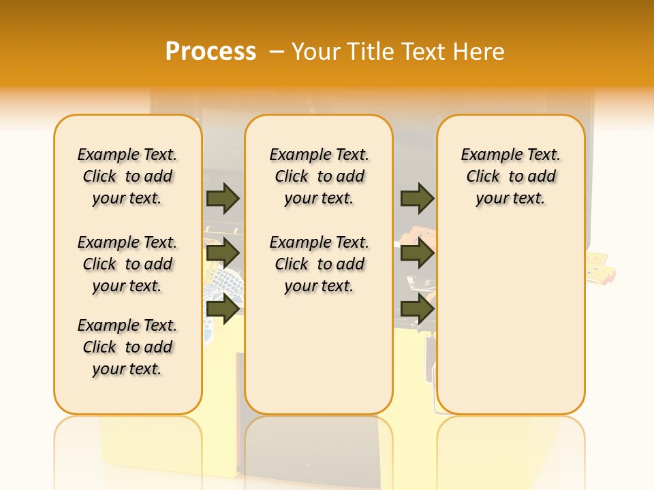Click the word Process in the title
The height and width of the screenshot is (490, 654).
(x=211, y=51)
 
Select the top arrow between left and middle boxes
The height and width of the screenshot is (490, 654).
(x=223, y=198)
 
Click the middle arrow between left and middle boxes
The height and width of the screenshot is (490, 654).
(x=223, y=253)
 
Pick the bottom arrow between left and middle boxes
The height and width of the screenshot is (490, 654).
(x=223, y=309)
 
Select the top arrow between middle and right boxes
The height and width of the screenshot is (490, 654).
(x=417, y=198)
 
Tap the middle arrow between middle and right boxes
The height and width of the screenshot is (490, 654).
(x=417, y=253)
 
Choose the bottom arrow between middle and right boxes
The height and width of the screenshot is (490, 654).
(x=417, y=309)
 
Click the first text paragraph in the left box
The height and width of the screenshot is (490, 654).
(x=127, y=176)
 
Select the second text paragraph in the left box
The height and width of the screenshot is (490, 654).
(x=127, y=264)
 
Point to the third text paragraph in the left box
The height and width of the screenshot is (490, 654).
(x=127, y=347)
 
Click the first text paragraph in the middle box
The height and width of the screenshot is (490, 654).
(x=319, y=176)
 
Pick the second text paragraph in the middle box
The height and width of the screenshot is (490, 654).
(x=319, y=264)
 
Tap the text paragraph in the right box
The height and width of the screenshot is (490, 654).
(x=510, y=176)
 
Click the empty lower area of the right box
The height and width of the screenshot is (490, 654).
(x=510, y=320)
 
